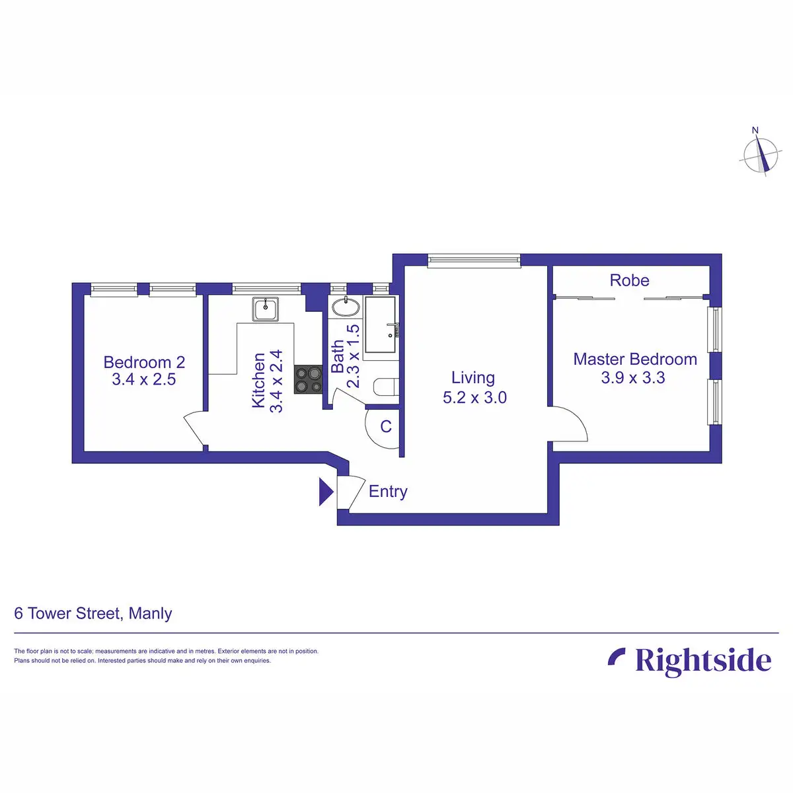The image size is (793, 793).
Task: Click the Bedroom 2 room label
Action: click(x=144, y=362)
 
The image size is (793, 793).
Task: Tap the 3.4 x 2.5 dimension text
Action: click(x=144, y=379)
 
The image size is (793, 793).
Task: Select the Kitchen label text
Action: click(x=259, y=380)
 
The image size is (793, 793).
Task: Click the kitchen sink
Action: click(x=266, y=308)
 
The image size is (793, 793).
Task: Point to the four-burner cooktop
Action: click(x=308, y=379)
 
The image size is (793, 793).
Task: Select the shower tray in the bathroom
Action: click(x=381, y=324)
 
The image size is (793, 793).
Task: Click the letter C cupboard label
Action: click(x=386, y=427)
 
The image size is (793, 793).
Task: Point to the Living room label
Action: click(x=473, y=377)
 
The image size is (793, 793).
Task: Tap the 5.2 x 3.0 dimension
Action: click(x=474, y=397)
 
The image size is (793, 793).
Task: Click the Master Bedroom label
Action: click(x=635, y=359)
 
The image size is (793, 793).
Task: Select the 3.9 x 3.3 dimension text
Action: click(x=633, y=378)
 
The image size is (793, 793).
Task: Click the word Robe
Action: click(x=629, y=280)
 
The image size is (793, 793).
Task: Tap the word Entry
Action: click(x=388, y=492)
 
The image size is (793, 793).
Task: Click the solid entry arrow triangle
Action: click(x=325, y=492)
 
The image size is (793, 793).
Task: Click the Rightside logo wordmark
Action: click(x=702, y=661)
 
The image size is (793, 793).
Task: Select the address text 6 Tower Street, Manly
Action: click(x=93, y=613)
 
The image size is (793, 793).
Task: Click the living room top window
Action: click(x=474, y=260)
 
